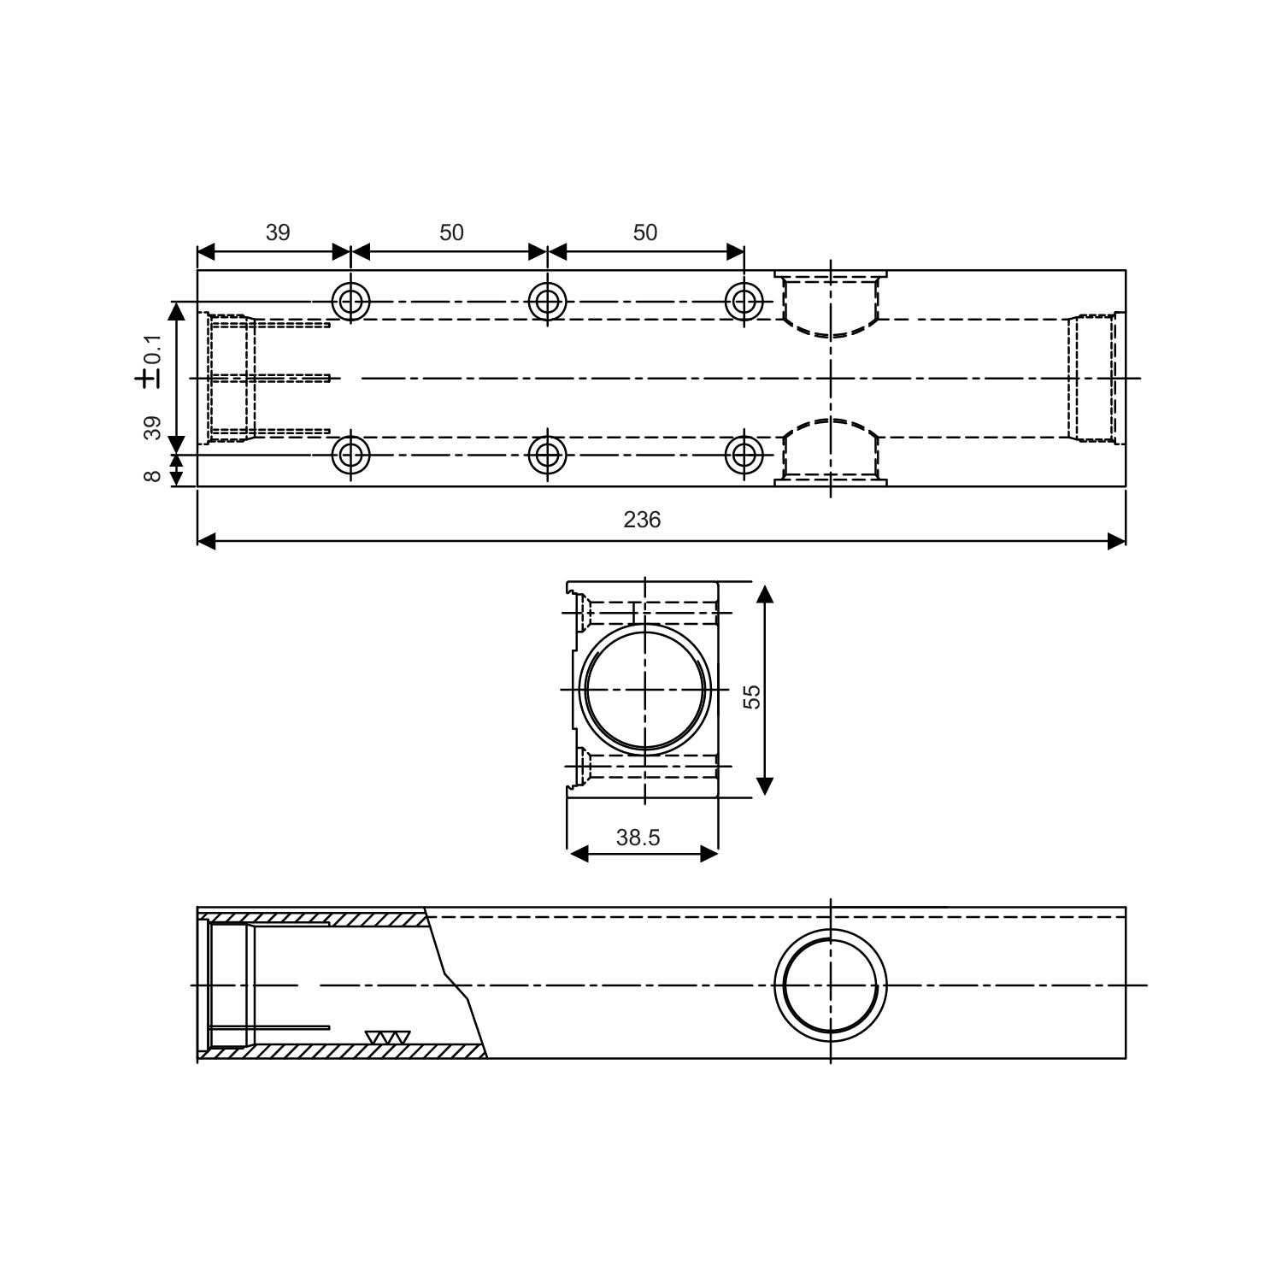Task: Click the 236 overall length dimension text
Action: coord(642,520)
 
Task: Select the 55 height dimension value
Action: coord(751,696)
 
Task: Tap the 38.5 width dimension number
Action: coord(638,838)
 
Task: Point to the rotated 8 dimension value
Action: coord(153,475)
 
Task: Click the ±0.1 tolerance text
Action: coord(150,362)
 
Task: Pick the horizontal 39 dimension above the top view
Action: coord(278,232)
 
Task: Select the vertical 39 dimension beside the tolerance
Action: coord(153,427)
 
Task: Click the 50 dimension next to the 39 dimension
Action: coord(451,232)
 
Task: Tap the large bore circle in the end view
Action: coord(645,689)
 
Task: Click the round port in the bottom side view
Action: coord(830,985)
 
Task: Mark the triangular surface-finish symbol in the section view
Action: coord(387,1037)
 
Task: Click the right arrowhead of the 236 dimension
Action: coord(1116,541)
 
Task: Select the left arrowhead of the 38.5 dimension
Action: coord(579,854)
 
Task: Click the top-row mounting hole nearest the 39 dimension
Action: coord(350,301)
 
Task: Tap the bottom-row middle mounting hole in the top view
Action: coord(547,455)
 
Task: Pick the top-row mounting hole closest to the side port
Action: coord(744,301)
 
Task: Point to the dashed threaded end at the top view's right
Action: coord(1094,378)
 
